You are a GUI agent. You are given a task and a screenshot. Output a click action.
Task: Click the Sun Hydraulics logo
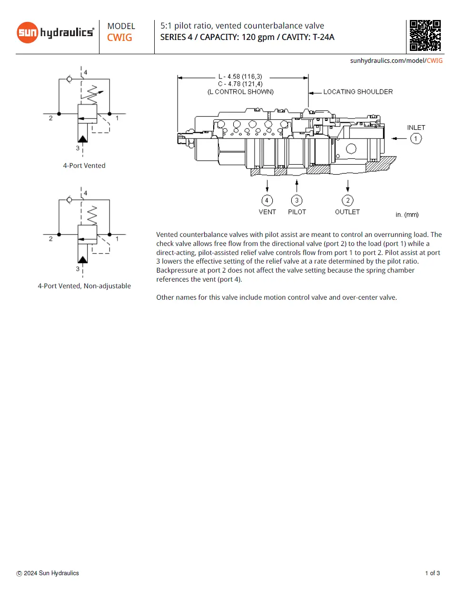pos(55,32)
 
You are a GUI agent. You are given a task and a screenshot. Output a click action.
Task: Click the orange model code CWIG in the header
pos(119,38)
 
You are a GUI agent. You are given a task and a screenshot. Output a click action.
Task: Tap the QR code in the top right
pos(425,35)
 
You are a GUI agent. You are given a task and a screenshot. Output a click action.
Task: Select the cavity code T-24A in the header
pos(323,37)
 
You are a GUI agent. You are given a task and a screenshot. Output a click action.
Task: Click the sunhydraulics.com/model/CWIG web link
pos(396,60)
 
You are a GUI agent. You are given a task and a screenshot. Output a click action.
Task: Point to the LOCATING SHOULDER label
pos(358,92)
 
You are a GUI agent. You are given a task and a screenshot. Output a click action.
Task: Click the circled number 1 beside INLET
pos(416,138)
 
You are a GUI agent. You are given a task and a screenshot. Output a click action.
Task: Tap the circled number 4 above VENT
pos(267,200)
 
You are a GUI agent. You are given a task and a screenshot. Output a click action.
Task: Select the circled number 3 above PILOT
pos(297,200)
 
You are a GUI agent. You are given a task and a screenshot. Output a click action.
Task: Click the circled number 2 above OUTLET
pos(347,200)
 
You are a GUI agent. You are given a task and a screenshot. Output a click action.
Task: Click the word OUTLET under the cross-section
pos(347,212)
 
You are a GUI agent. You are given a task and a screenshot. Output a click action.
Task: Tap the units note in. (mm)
pos(407,215)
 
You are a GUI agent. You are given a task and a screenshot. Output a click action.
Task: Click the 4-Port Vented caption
pos(84,166)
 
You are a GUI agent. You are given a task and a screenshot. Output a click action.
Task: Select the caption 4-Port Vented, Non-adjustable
pos(84,286)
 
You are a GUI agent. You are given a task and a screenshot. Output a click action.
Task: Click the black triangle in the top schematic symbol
pos(83,138)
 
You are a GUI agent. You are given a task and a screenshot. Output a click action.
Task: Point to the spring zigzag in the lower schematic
pos(92,215)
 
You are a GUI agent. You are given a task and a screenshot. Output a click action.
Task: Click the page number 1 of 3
pos(432,573)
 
